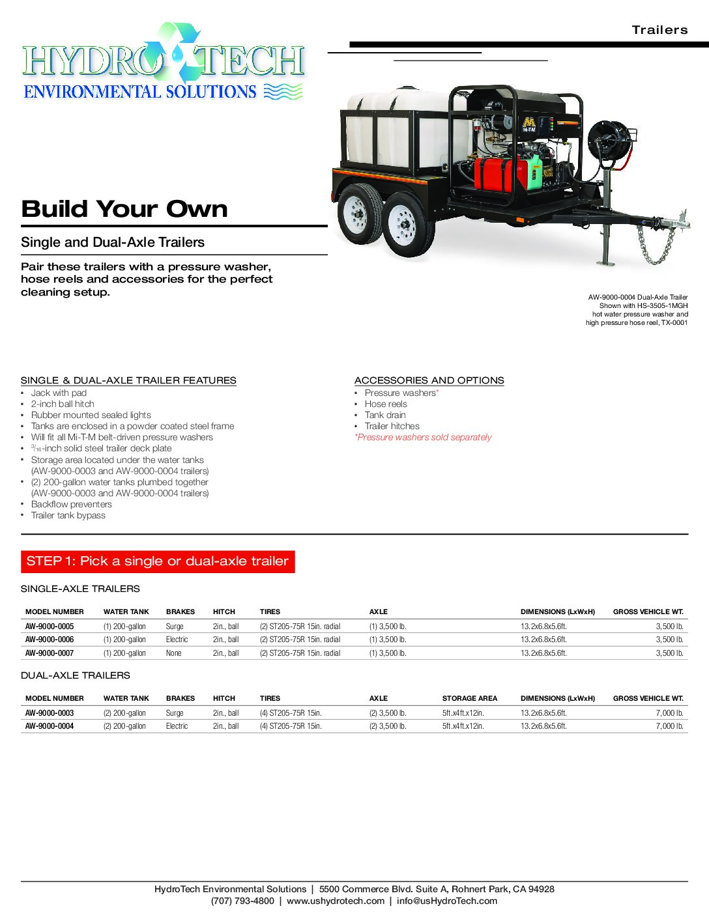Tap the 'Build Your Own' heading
tap(124, 209)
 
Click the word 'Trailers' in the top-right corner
tap(659, 30)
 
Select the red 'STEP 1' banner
tap(158, 561)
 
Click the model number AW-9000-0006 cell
tap(50, 640)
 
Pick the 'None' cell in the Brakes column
tap(174, 653)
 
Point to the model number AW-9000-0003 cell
tap(50, 713)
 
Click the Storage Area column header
tap(469, 698)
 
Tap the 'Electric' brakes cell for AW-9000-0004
tap(177, 726)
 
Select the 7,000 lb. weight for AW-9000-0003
tap(669, 713)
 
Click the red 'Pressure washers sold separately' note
tap(423, 438)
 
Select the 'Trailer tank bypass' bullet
tap(68, 516)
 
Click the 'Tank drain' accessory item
tap(385, 416)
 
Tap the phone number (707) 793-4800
tap(242, 901)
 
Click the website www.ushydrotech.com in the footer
tap(335, 901)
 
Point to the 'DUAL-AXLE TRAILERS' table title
tap(76, 675)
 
